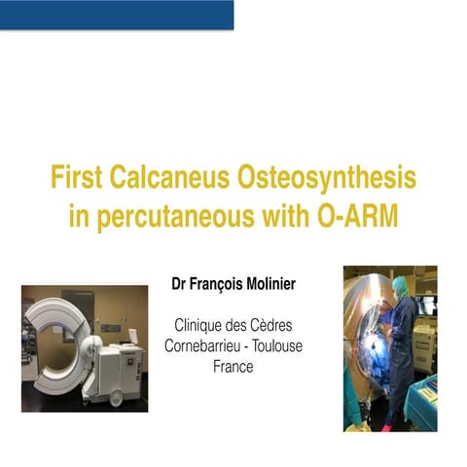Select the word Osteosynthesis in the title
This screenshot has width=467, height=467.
coord(329,179)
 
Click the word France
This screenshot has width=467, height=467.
coord(232,367)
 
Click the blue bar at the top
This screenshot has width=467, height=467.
coord(117,15)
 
